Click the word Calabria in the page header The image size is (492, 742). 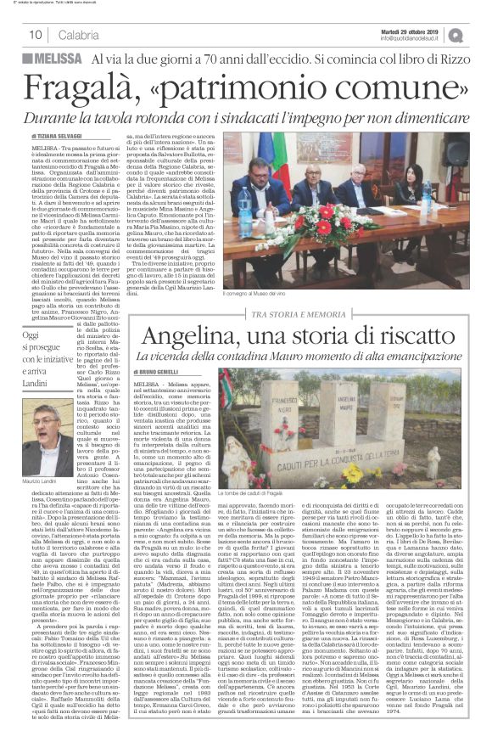(79, 35)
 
